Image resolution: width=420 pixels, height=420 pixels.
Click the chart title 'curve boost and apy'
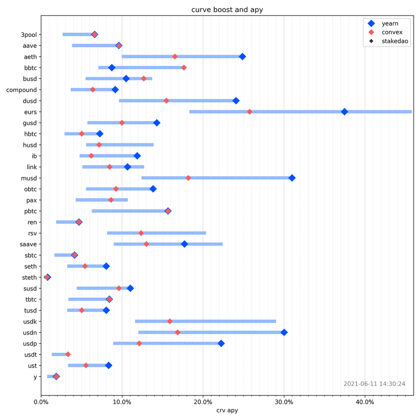(227, 10)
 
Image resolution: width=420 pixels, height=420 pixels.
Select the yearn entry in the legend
(390, 24)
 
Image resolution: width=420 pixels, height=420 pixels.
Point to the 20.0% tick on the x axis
(203, 402)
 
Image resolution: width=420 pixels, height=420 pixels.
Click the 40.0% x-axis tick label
(365, 402)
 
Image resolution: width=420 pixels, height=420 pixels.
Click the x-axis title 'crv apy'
(227, 410)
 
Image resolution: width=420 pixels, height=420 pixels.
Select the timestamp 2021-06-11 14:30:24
(374, 384)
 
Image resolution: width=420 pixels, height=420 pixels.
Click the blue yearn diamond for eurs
(344, 112)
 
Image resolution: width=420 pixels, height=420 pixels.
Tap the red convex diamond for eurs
(249, 112)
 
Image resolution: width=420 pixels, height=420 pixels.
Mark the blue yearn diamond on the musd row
(292, 178)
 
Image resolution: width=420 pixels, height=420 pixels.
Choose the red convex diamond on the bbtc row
(184, 68)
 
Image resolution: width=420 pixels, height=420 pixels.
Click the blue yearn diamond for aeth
(242, 56)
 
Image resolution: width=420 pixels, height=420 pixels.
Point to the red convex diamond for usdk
(170, 321)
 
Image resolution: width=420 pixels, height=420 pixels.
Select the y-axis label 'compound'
(21, 90)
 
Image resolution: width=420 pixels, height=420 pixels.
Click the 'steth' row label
(29, 278)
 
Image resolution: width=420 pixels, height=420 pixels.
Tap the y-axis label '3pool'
(29, 34)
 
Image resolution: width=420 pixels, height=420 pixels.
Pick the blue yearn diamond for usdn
(284, 332)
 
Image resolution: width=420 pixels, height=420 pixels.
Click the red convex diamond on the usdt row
(68, 354)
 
